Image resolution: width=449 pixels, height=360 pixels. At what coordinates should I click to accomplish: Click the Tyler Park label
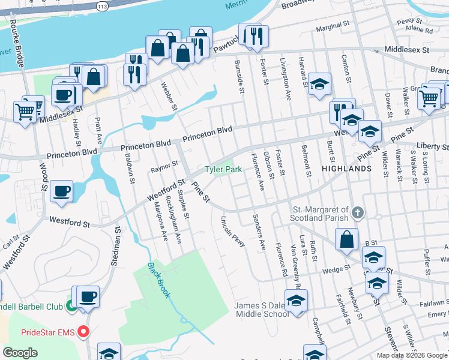click(x=223, y=170)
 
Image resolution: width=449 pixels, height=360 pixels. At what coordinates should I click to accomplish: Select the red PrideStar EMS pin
click(x=85, y=331)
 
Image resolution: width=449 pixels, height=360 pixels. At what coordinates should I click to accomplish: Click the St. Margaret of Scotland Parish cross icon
click(x=357, y=212)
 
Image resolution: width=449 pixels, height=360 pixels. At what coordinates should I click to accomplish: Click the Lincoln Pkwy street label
click(x=234, y=231)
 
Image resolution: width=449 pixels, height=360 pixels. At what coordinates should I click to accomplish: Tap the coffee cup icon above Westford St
click(x=62, y=191)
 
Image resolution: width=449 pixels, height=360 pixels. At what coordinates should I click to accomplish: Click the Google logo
click(x=20, y=352)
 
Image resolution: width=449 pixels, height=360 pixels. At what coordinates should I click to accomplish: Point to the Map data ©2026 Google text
click(x=412, y=355)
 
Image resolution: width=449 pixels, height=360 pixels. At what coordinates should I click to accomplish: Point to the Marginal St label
click(x=332, y=26)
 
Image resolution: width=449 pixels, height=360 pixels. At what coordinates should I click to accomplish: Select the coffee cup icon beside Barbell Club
click(x=88, y=297)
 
